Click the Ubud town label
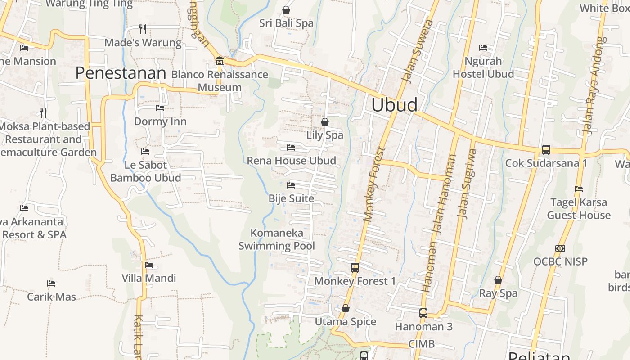click(395, 104)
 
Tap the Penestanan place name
click(121, 73)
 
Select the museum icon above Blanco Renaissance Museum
click(220, 61)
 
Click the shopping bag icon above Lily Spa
click(324, 122)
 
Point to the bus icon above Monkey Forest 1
click(355, 268)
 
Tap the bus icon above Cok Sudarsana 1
click(546, 150)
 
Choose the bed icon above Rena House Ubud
click(291, 147)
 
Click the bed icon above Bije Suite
click(291, 185)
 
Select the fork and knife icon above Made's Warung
click(143, 29)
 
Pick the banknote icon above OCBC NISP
click(560, 248)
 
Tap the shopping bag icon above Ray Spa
click(498, 280)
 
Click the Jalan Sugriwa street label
click(466, 184)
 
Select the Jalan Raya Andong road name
click(593, 85)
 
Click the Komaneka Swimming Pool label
click(277, 239)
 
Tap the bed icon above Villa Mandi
click(149, 265)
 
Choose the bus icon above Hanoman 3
click(423, 313)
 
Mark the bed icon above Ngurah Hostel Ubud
click(483, 47)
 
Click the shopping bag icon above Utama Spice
click(346, 308)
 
